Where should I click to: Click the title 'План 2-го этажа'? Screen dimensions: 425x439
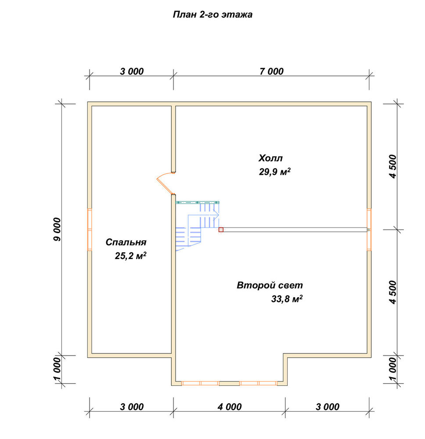click(x=212, y=14)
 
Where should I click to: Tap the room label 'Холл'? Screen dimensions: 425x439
click(x=270, y=158)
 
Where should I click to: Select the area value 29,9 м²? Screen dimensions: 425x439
click(x=275, y=171)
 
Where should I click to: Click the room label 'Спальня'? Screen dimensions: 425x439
click(x=126, y=242)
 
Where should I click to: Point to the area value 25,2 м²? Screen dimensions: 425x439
click(x=131, y=255)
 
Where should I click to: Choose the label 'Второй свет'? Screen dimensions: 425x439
click(x=270, y=285)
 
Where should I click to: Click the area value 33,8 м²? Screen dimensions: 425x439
click(x=287, y=299)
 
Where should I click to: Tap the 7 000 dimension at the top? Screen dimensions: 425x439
click(x=271, y=72)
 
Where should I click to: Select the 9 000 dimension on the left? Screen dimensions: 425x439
click(x=57, y=230)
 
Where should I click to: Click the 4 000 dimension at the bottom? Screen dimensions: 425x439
click(x=230, y=407)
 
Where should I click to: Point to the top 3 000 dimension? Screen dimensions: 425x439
click(x=132, y=72)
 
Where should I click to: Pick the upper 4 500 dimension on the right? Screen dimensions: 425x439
click(x=393, y=166)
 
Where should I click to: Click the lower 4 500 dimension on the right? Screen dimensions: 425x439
click(x=393, y=292)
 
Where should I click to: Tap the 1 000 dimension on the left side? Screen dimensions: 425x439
click(x=57, y=369)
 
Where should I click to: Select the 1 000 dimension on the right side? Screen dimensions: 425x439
click(x=393, y=369)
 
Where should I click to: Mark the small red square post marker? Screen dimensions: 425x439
click(x=221, y=230)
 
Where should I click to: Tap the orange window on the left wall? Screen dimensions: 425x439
click(x=90, y=230)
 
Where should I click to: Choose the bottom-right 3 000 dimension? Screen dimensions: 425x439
click(x=327, y=407)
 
